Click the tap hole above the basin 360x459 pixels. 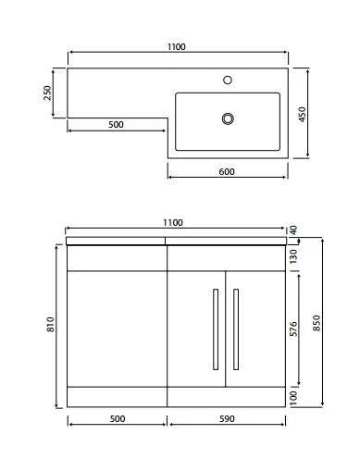point(227,81)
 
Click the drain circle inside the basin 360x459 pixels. point(227,118)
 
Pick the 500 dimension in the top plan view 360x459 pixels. point(117,124)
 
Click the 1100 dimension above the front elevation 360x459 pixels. point(173,222)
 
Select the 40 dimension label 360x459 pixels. point(292,230)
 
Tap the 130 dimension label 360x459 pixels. point(292,254)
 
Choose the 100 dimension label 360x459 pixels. point(292,395)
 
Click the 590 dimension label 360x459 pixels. point(227,418)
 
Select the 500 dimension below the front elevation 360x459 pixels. point(117,418)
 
